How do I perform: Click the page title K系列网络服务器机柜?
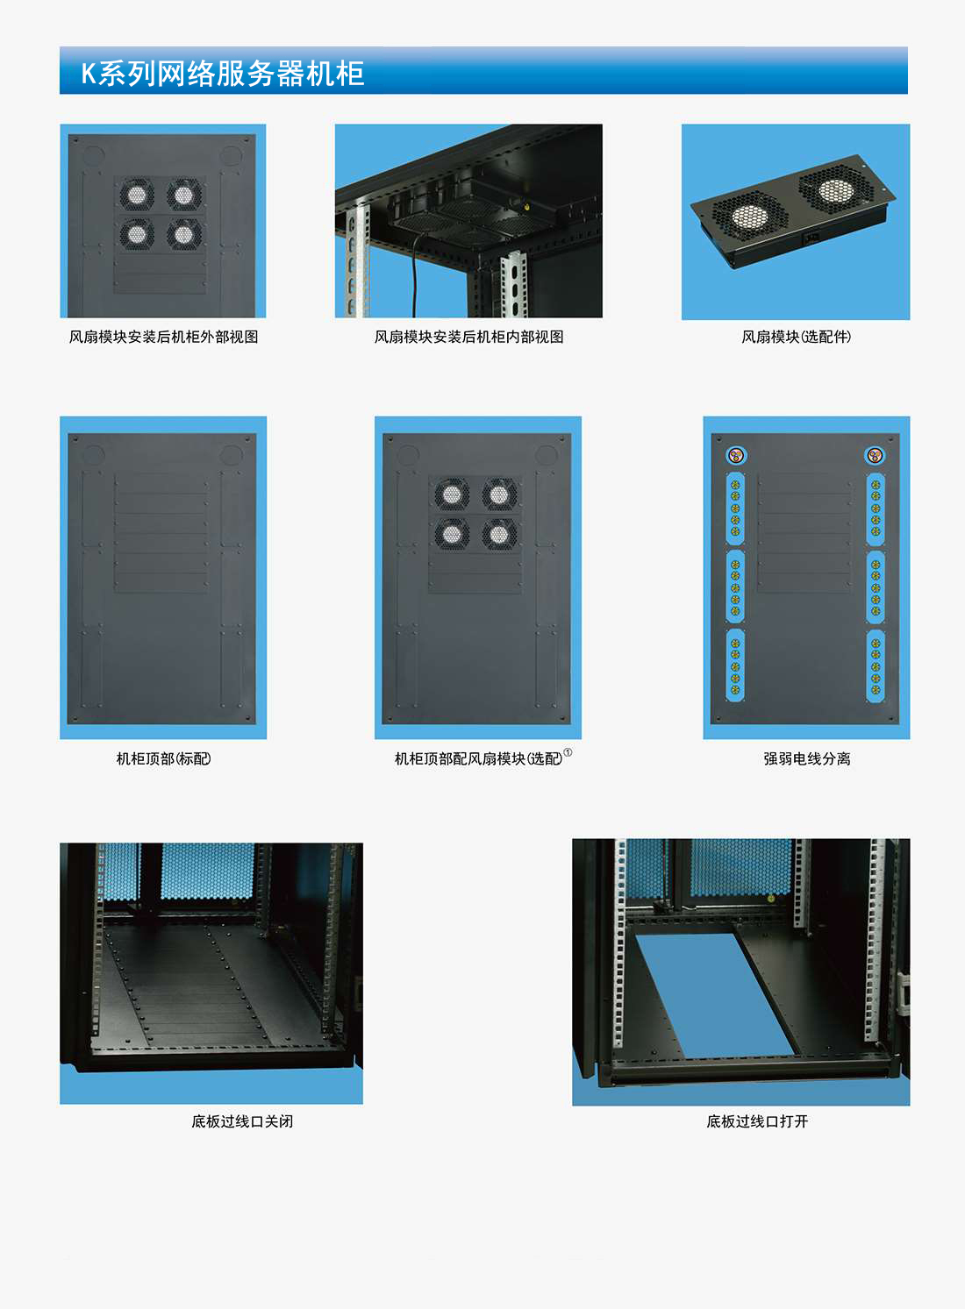click(223, 74)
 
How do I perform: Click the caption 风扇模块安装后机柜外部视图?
click(164, 338)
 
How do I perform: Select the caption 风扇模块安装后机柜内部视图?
click(469, 338)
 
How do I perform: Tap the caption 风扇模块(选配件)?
click(796, 338)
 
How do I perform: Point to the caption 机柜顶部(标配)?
click(164, 758)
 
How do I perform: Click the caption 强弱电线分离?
click(807, 758)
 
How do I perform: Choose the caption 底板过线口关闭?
click(242, 1121)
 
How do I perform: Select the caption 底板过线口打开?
click(757, 1121)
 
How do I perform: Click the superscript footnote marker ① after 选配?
click(568, 752)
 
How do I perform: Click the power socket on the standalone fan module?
click(813, 238)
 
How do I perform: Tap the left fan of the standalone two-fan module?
click(751, 217)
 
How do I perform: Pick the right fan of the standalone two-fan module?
click(835, 189)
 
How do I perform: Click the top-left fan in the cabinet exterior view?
click(136, 194)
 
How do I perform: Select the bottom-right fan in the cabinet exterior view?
click(183, 235)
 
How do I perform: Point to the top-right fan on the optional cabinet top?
click(499, 495)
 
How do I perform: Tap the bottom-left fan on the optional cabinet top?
click(452, 534)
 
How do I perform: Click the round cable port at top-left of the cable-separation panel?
click(735, 455)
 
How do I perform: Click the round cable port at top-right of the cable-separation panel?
click(875, 455)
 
